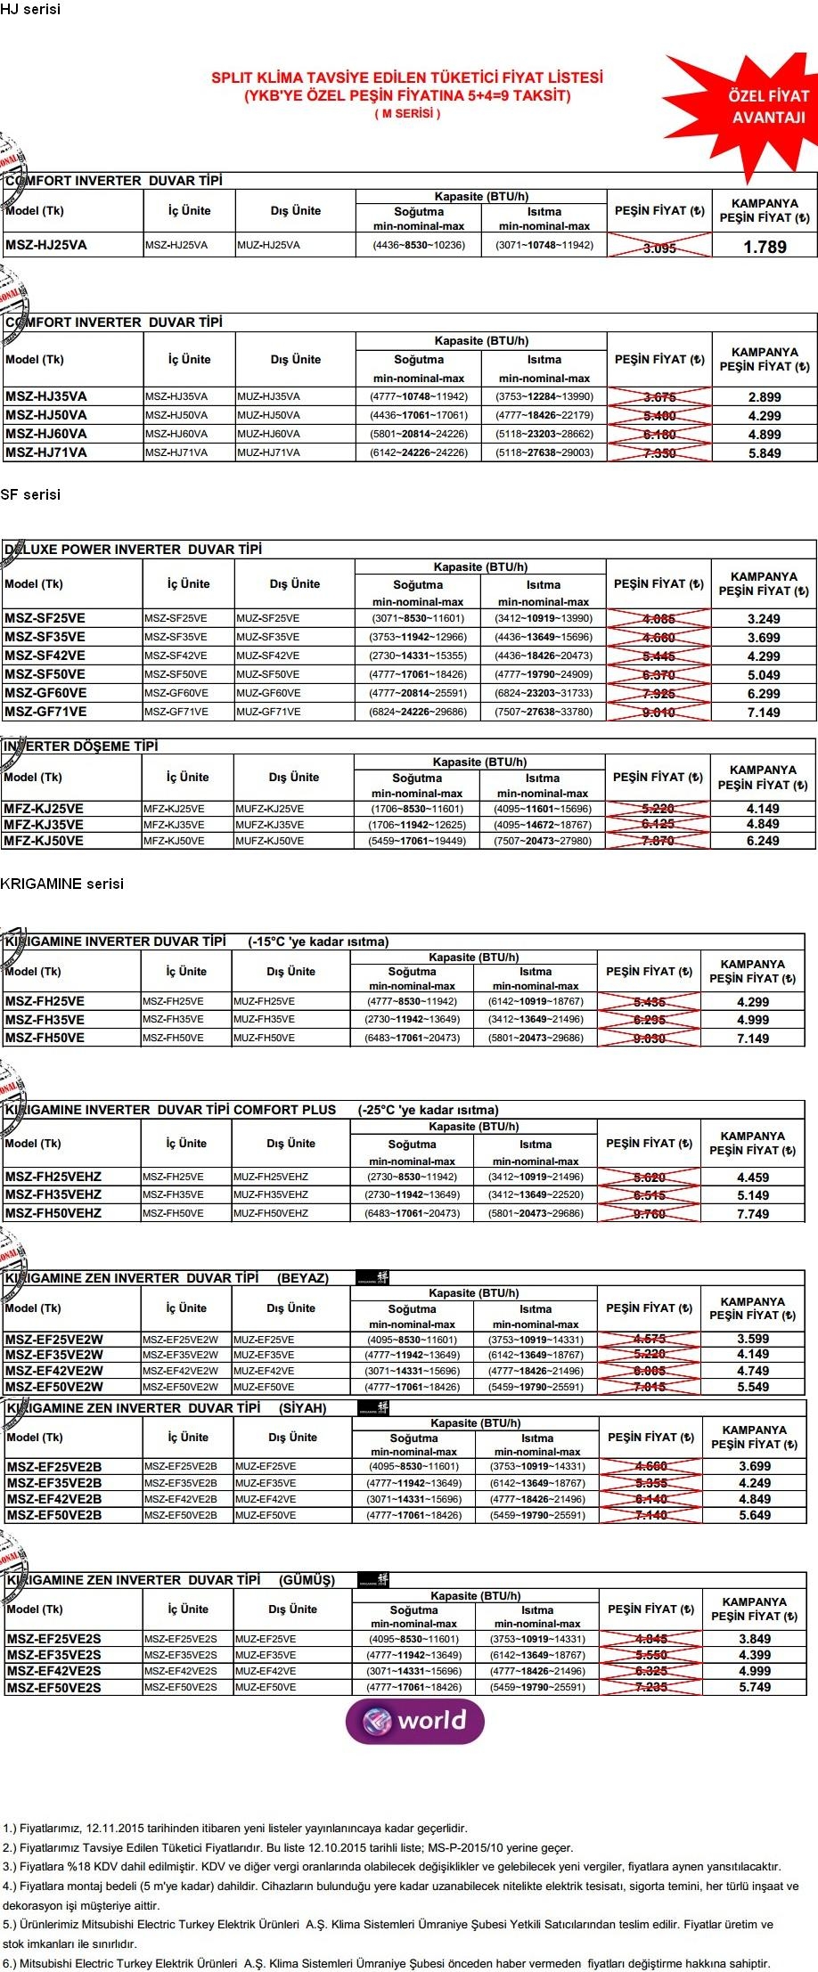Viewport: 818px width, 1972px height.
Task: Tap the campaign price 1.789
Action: pos(765,247)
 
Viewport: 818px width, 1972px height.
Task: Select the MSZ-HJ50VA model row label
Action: pos(46,415)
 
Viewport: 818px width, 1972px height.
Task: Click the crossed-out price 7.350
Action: pos(659,453)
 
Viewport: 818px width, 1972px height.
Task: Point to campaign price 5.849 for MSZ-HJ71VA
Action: pos(765,453)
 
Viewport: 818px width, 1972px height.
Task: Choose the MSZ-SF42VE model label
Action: pos(45,656)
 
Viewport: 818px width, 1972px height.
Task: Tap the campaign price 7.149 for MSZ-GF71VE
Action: pos(764,713)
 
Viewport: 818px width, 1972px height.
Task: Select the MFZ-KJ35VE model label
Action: pos(44,825)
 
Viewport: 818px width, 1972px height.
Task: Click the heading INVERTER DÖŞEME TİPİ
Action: pos(80,746)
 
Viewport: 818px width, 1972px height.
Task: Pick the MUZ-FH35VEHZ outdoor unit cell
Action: pos(271,1194)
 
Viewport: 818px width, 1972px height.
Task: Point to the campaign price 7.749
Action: pos(753,1214)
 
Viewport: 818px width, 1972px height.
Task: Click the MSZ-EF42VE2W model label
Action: pos(54,1371)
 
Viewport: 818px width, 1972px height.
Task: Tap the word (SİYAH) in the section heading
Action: pos(303,1408)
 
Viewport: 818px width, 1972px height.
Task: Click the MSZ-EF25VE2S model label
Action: pos(53,1639)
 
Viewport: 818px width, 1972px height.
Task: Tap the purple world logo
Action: pos(415,1720)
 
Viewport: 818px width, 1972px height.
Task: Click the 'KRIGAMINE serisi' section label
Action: pos(62,884)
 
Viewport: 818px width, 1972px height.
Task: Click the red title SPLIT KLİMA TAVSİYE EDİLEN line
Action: pos(406,77)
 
